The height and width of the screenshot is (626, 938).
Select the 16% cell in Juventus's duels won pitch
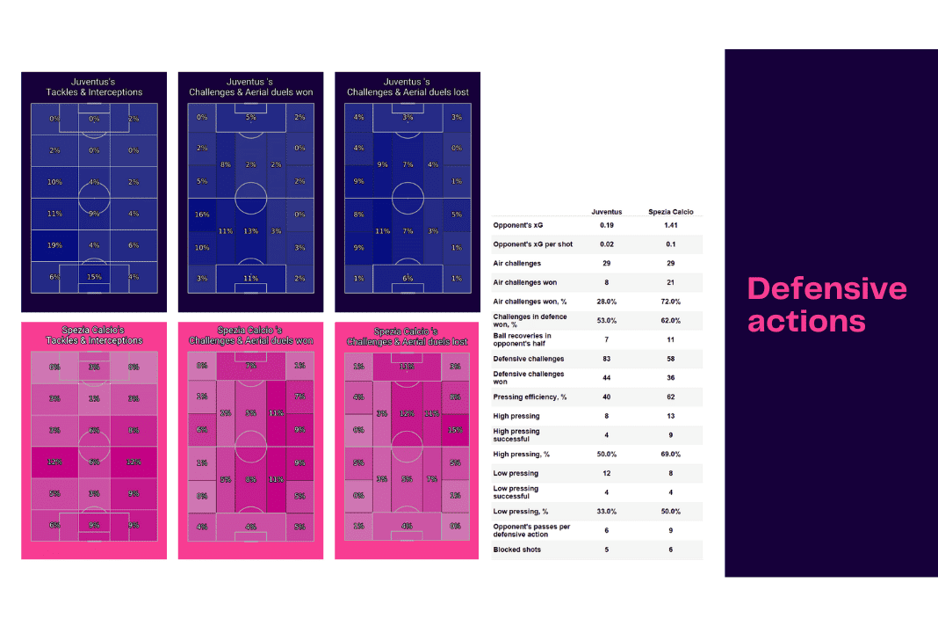click(x=202, y=215)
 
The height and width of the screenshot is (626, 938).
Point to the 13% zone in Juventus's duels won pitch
click(x=251, y=231)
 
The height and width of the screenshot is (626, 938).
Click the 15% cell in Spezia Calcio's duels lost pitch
click(x=453, y=430)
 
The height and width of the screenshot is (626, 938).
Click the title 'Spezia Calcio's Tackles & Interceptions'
click(x=94, y=335)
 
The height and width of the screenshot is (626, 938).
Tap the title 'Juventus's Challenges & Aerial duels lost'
click(x=408, y=87)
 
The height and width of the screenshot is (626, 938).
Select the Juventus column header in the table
click(x=606, y=211)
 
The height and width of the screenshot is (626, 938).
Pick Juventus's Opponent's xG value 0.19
click(x=606, y=225)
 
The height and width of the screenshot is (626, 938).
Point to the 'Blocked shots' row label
click(x=517, y=550)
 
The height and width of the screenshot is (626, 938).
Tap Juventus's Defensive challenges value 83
click(x=606, y=359)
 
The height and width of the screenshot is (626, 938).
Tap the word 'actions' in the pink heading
click(x=806, y=321)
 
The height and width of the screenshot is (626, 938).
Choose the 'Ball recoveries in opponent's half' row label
click(x=523, y=339)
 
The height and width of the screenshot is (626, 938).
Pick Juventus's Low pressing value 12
click(x=606, y=473)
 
